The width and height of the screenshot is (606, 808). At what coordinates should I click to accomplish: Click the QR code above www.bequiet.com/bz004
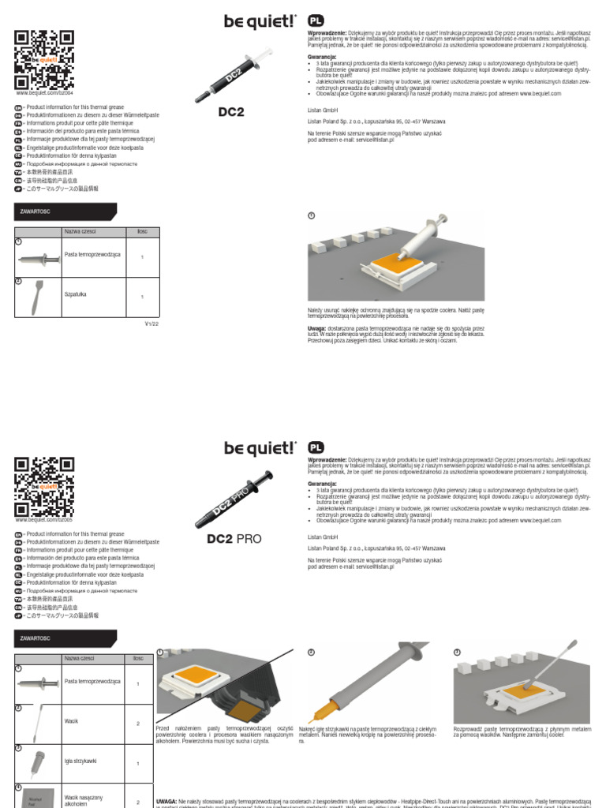(44, 60)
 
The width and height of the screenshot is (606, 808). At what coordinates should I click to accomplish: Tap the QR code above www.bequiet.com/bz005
(44, 486)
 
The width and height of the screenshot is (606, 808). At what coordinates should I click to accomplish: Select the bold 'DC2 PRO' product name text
(233, 540)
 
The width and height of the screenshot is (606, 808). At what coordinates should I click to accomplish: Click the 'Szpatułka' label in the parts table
(76, 293)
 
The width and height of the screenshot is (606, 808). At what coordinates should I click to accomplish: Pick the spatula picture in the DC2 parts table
(37, 297)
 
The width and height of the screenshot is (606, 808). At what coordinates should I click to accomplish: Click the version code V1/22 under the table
(151, 324)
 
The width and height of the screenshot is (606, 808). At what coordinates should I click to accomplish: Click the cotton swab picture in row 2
(37, 722)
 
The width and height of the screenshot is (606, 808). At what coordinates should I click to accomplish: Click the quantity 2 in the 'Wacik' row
(138, 724)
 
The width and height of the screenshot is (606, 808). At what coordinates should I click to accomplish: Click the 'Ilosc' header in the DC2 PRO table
(138, 657)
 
